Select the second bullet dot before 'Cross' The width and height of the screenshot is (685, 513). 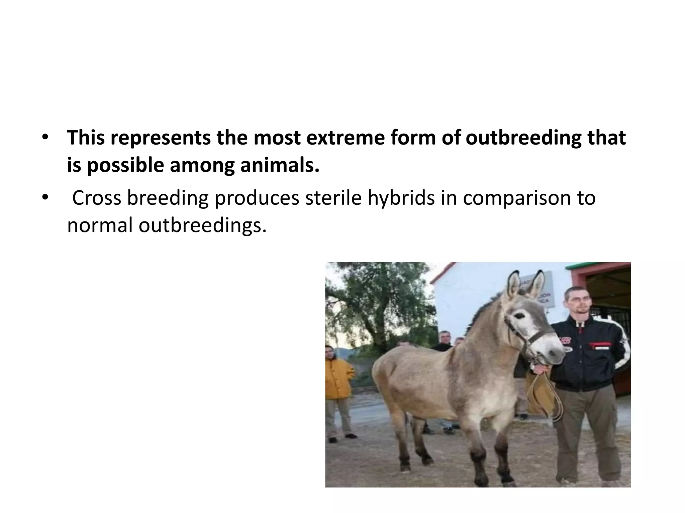click(x=45, y=198)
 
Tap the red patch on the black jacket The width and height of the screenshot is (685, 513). click(x=599, y=344)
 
